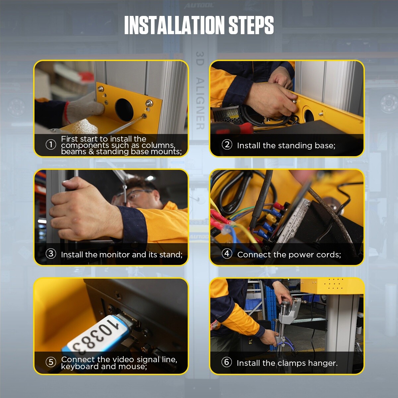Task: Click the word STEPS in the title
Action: (x=251, y=25)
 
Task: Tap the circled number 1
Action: (x=51, y=145)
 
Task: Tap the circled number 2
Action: (x=227, y=145)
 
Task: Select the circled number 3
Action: (x=51, y=254)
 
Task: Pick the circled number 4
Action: (x=227, y=254)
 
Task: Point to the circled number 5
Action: (x=51, y=362)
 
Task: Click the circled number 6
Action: (x=227, y=362)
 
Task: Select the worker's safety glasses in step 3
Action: (x=138, y=196)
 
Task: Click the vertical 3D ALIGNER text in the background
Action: (x=200, y=90)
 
